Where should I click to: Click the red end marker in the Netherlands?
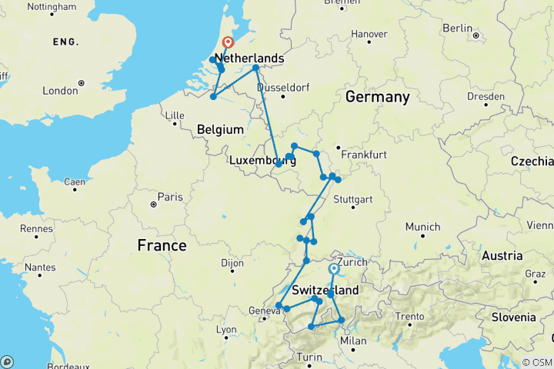228,43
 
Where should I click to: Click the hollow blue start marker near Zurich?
332,269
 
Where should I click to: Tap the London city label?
61,91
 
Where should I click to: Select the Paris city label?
170,197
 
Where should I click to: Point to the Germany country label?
377,97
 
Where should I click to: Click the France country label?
162,245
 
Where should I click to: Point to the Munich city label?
424,226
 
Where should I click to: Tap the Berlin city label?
457,28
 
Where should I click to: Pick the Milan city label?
353,341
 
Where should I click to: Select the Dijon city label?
232,263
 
